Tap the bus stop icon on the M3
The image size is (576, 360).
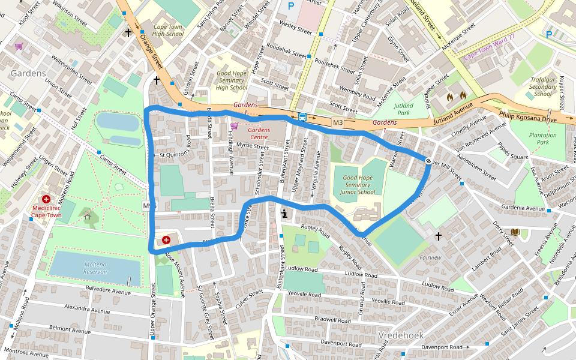pyautogui.click(x=302, y=117)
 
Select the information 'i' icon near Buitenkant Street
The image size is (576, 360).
pyautogui.click(x=284, y=213)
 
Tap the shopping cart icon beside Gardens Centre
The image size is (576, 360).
pyautogui.click(x=234, y=126)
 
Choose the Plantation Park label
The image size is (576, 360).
pyautogui.click(x=542, y=139)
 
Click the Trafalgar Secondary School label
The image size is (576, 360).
pyautogui.click(x=542, y=86)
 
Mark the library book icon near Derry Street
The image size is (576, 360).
pyautogui.click(x=515, y=232)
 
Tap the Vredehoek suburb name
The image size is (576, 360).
pyautogui.click(x=401, y=335)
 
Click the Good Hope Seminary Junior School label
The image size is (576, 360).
pyautogui.click(x=358, y=185)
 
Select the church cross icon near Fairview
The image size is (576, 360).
pyautogui.click(x=439, y=236)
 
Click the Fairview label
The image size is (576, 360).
pyautogui.click(x=430, y=257)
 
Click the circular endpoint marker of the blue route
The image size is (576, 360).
pyautogui.click(x=429, y=160)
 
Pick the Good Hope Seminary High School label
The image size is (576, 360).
pyautogui.click(x=232, y=80)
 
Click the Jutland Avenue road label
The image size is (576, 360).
pyautogui.click(x=453, y=121)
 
